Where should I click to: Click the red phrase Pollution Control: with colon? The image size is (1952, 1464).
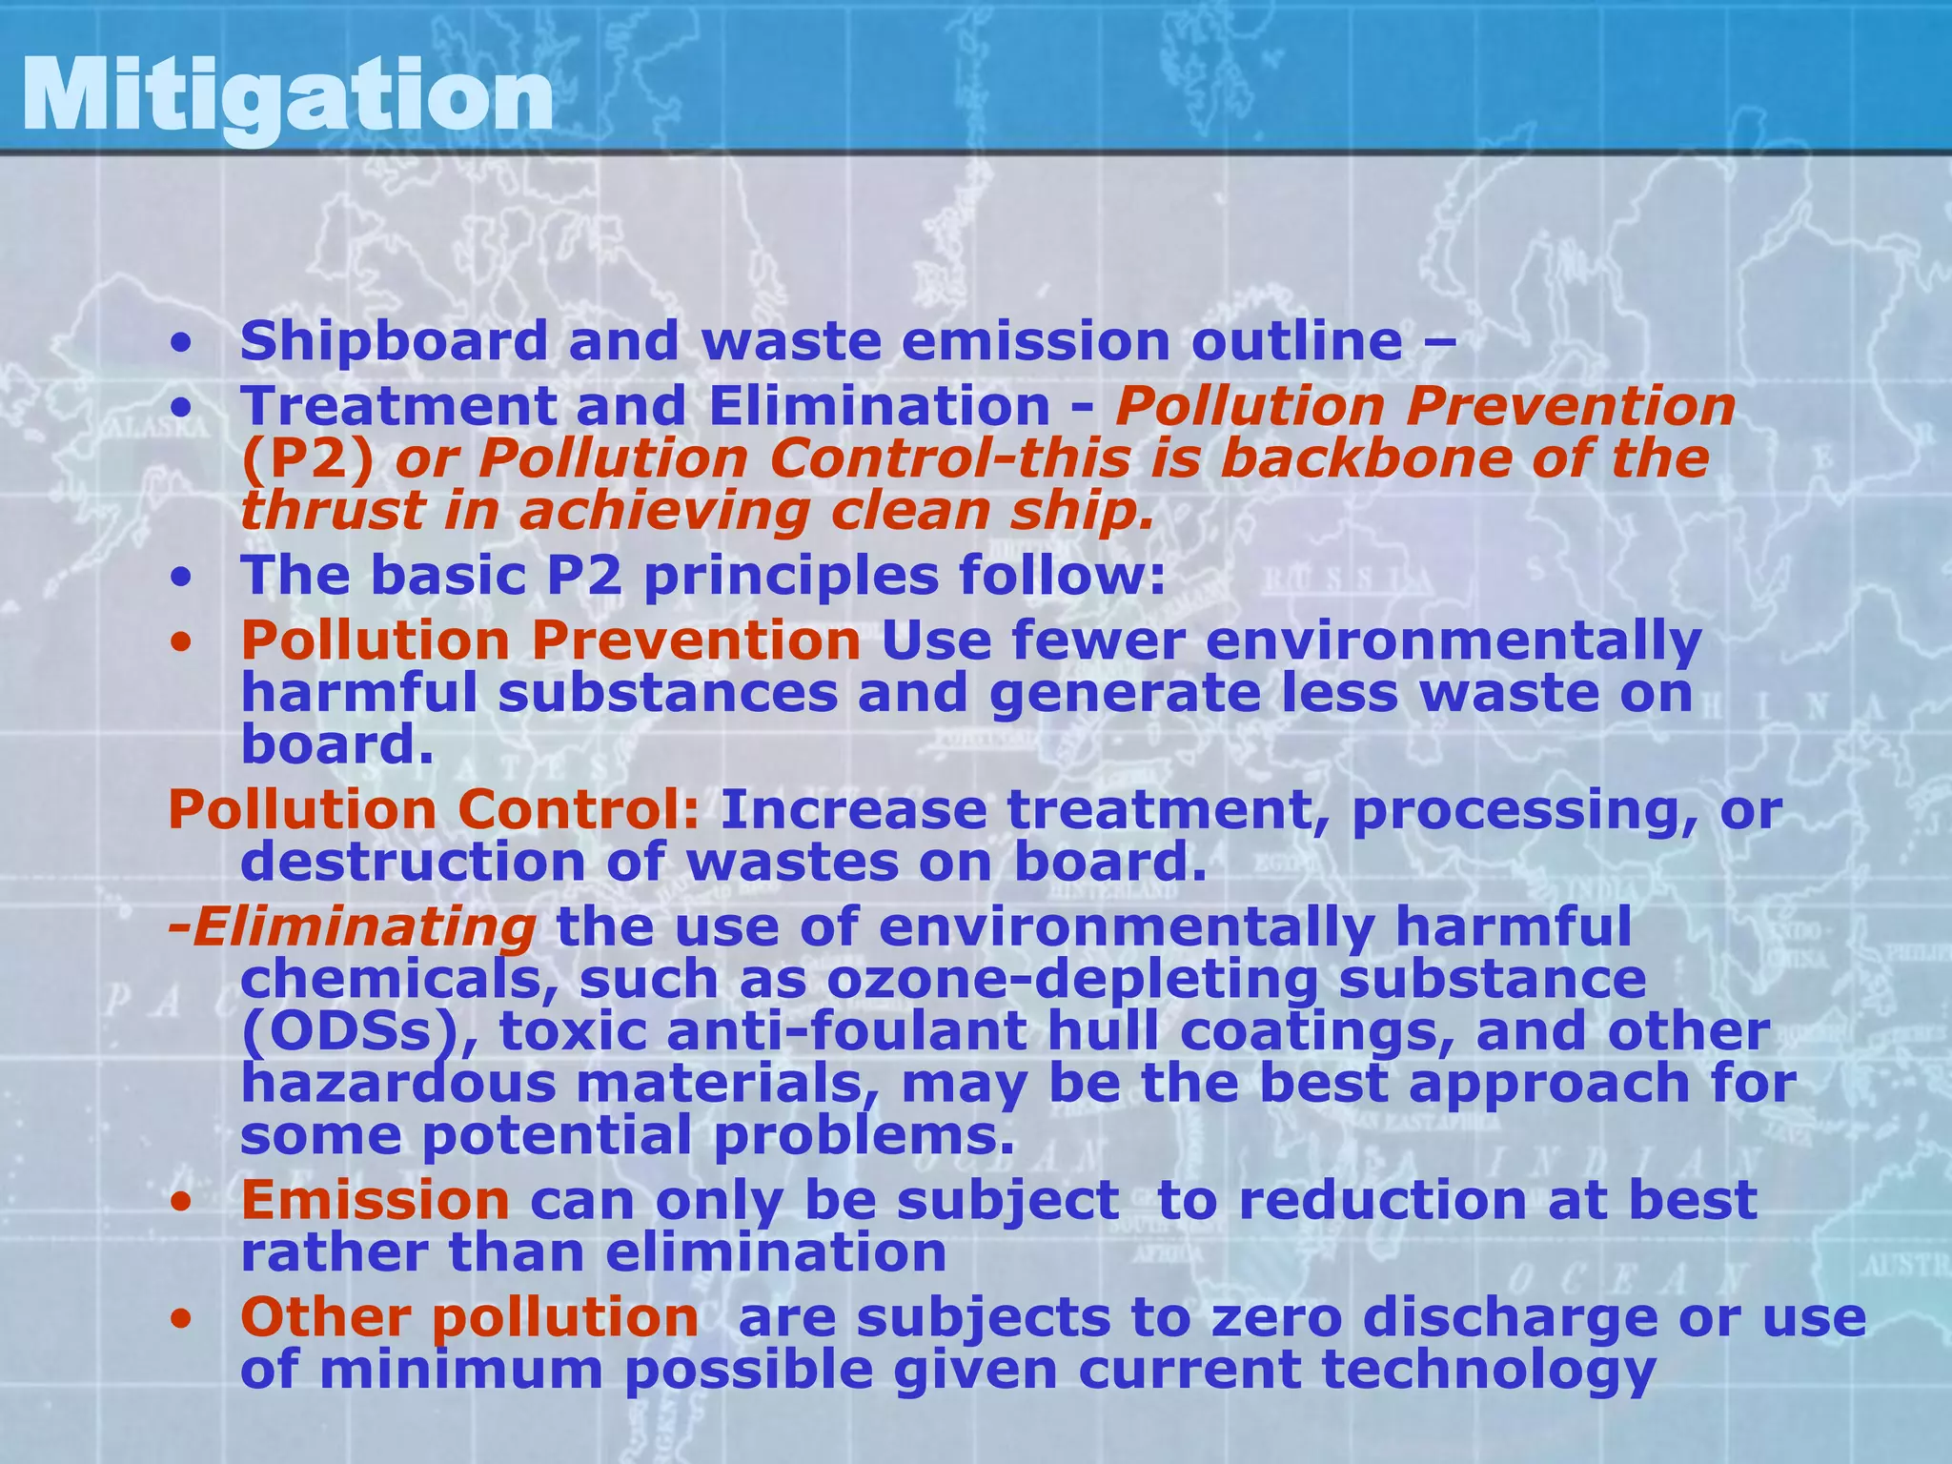[x=435, y=810]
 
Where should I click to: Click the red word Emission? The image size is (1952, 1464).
[x=375, y=1200]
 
